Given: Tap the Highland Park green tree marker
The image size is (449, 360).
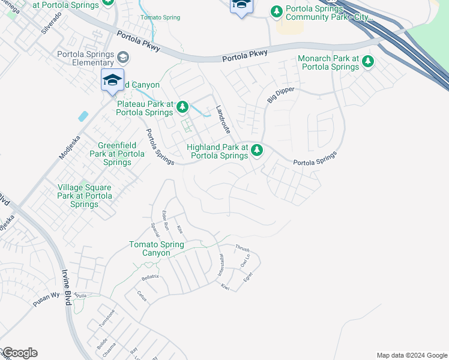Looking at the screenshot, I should pyautogui.click(x=257, y=150).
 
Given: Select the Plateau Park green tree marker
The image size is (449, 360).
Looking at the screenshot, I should pyautogui.click(x=182, y=107).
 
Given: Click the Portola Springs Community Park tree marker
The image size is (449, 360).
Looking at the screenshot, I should pyautogui.click(x=277, y=11).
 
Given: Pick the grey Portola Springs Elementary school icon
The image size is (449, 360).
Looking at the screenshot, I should pyautogui.click(x=123, y=57).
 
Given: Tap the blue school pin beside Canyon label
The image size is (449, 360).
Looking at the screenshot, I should pyautogui.click(x=112, y=81).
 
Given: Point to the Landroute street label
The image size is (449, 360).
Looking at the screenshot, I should pyautogui.click(x=223, y=119).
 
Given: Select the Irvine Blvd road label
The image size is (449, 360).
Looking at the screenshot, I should pyautogui.click(x=66, y=291).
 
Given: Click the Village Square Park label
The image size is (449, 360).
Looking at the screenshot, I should pyautogui.click(x=85, y=196).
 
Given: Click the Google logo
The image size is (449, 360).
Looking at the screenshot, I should pyautogui.click(x=19, y=353).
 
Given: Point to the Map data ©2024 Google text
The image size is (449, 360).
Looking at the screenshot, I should pyautogui.click(x=412, y=355).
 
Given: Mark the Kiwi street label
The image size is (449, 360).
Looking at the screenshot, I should pyautogui.click(x=225, y=287).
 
